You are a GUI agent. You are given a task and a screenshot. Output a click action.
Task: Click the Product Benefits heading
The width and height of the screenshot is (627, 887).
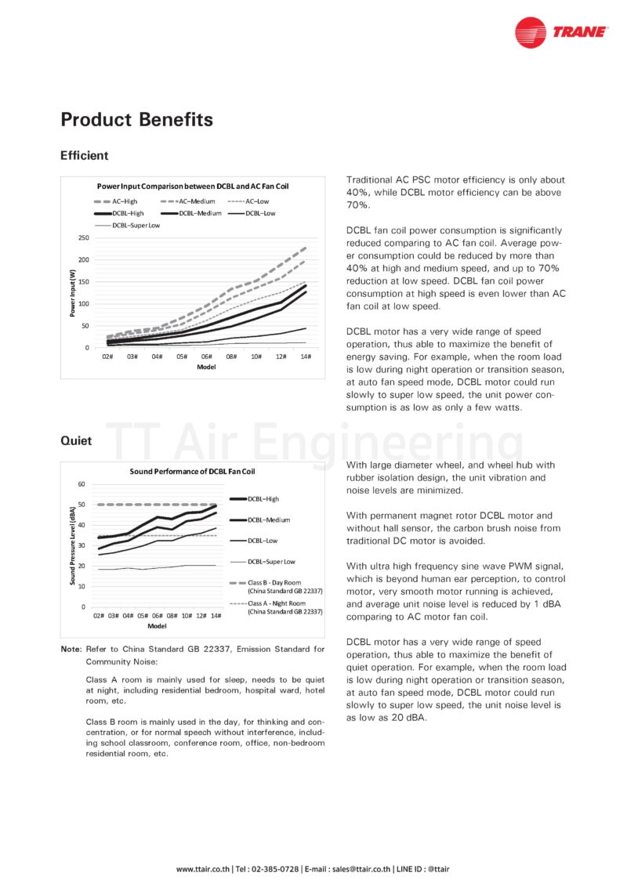[x=136, y=119]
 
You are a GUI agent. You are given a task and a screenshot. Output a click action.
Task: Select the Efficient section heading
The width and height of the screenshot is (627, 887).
[x=84, y=155]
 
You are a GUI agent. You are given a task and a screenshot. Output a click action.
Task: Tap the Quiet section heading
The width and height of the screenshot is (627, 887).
[x=76, y=440]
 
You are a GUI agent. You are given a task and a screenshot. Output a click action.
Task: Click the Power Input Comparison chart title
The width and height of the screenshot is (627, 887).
[x=193, y=186]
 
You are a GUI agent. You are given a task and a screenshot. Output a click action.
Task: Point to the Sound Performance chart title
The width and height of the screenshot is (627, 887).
[x=192, y=472]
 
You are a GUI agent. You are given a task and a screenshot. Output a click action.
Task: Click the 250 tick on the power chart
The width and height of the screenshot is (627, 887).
[x=84, y=237]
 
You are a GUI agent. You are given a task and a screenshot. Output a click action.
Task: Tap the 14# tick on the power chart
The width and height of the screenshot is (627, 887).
[x=305, y=357]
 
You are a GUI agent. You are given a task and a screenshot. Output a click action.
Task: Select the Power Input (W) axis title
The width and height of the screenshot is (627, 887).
[x=72, y=292]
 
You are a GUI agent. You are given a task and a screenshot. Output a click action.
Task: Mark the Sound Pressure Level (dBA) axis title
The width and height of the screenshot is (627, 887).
[x=71, y=545]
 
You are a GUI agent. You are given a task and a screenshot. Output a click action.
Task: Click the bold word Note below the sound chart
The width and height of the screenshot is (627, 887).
[x=71, y=649]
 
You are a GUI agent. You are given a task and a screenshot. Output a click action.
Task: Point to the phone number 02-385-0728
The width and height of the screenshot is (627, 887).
[x=274, y=869]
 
